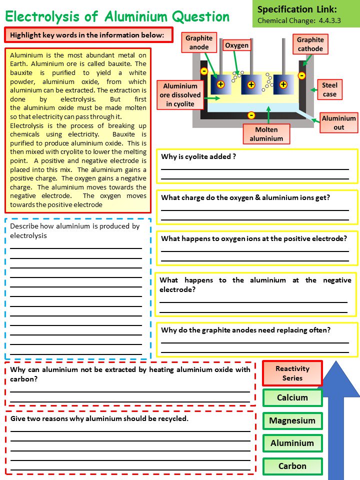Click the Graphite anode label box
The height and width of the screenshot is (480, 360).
pyautogui.click(x=199, y=43)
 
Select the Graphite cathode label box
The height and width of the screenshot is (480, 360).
pyautogui.click(x=310, y=44)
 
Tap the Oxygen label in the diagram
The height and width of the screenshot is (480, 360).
pyautogui.click(x=236, y=45)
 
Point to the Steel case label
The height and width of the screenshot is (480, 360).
pyautogui.click(x=329, y=90)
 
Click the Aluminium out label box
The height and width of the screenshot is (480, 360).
pyautogui.click(x=338, y=123)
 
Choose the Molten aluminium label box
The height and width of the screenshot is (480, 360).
pyautogui.click(x=266, y=134)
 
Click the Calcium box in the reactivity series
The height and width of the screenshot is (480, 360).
pyautogui.click(x=292, y=398)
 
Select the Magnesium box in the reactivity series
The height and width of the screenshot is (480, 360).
pyautogui.click(x=292, y=420)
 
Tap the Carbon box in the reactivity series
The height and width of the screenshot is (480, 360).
pyautogui.click(x=292, y=466)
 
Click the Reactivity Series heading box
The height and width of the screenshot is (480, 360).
pyautogui.click(x=292, y=373)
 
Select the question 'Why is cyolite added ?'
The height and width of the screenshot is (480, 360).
pyautogui.click(x=198, y=156)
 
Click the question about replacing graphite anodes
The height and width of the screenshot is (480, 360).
pyautogui.click(x=245, y=330)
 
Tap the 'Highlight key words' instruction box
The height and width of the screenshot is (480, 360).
pyautogui.click(x=88, y=35)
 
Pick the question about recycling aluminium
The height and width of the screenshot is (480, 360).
pyautogui.click(x=99, y=418)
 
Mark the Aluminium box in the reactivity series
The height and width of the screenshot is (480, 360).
pyautogui.click(x=292, y=443)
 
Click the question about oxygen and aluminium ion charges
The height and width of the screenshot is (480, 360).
pyautogui.click(x=245, y=197)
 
